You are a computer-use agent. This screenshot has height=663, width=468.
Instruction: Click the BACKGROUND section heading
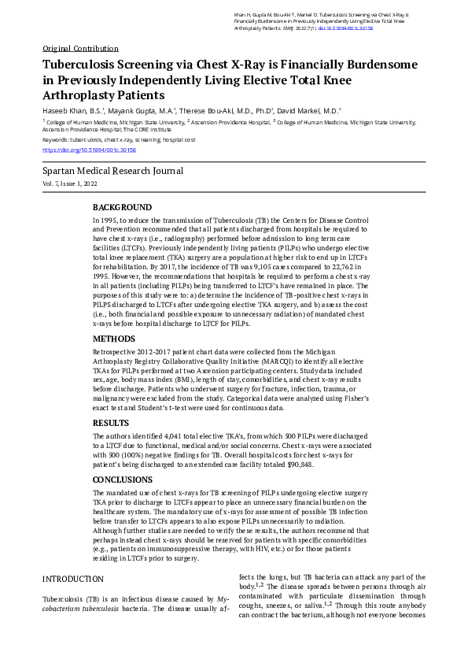pyautogui.click(x=122, y=207)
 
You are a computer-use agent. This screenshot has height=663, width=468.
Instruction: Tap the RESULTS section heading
pyautogui.click(x=113, y=423)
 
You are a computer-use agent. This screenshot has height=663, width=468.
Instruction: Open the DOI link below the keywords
pyautogui.click(x=89, y=149)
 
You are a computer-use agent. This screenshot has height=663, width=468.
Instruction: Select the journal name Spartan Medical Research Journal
pyautogui.click(x=112, y=170)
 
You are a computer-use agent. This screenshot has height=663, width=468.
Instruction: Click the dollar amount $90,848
pyautogui.click(x=297, y=465)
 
